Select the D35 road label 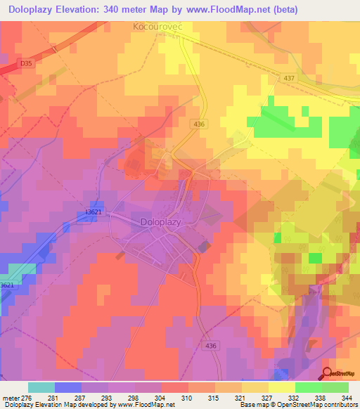coord(26,64)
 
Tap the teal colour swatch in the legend coord(41,387)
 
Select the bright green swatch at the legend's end coord(335,387)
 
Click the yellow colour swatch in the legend coord(282,387)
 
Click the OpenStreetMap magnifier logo coord(326,374)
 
